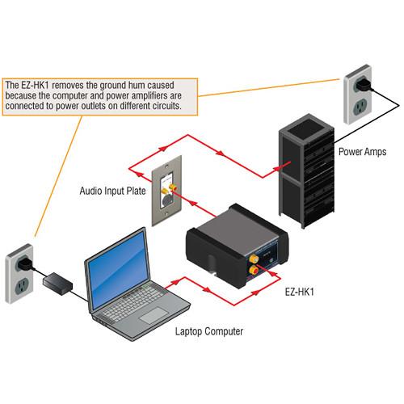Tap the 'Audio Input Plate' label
(x=114, y=191)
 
